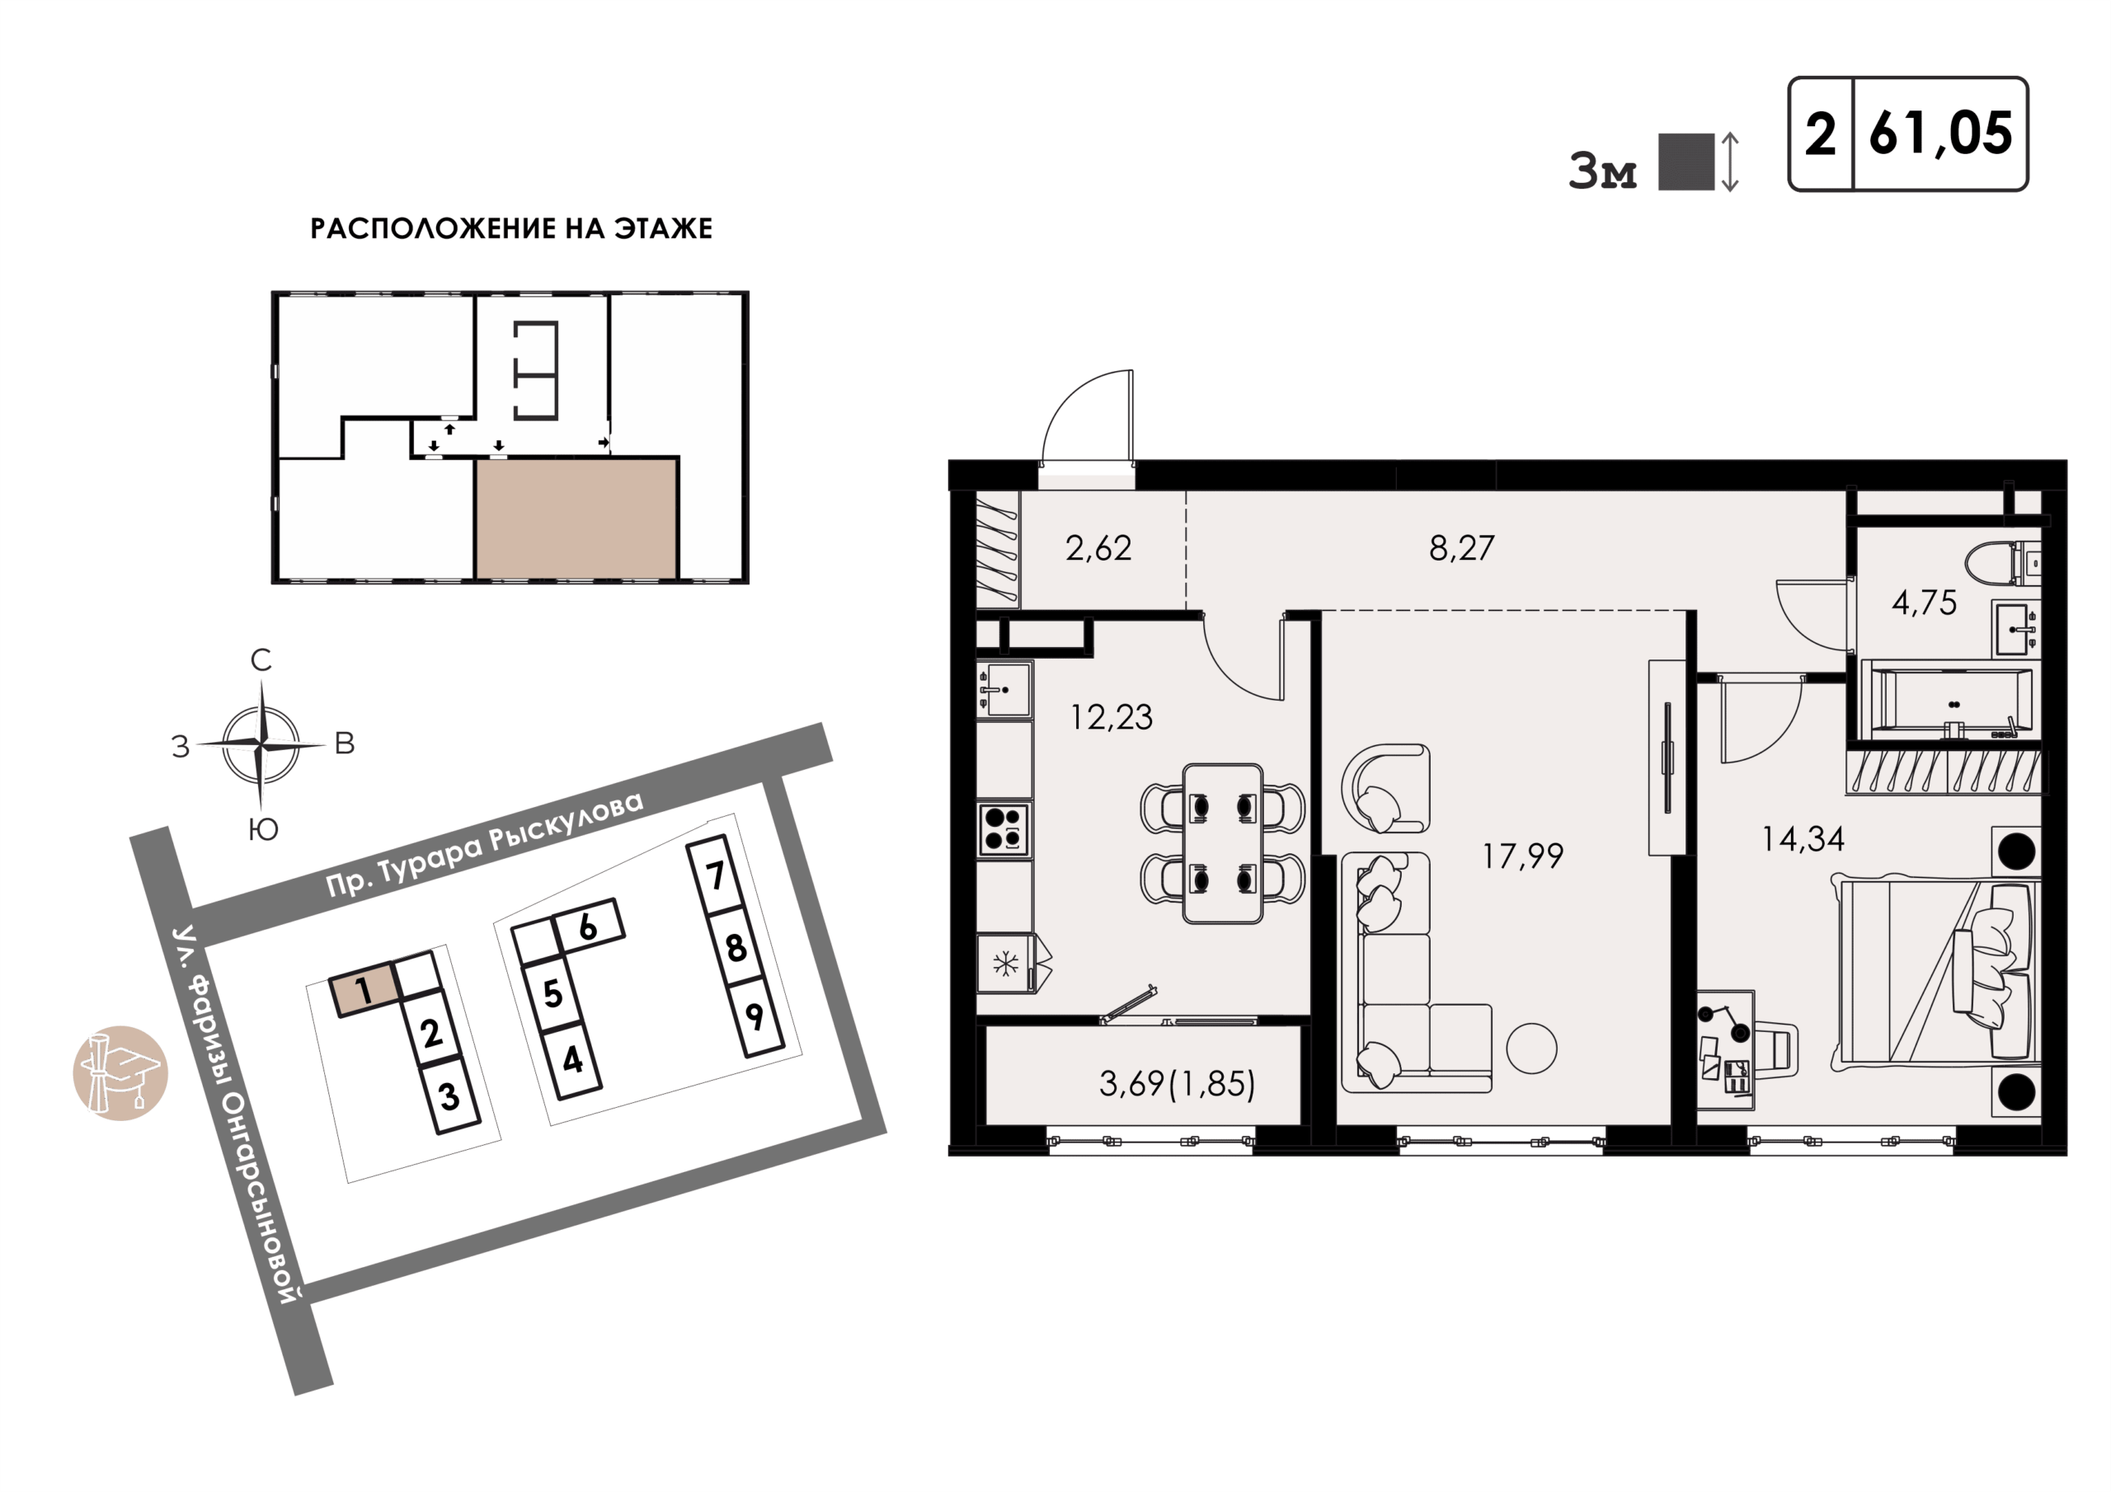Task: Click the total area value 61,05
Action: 1941,134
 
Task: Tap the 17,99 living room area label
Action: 1522,856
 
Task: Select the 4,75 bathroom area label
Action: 1925,603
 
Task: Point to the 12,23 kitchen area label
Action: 1111,718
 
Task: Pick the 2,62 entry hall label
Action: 1098,549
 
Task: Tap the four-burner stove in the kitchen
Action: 1003,829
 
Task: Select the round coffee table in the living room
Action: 1530,1048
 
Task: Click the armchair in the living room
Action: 1385,789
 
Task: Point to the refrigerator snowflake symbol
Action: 1005,964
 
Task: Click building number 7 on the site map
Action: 714,875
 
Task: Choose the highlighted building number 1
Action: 365,989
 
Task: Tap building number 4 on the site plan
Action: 572,1060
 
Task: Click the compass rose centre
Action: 262,743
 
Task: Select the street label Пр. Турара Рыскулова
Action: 486,844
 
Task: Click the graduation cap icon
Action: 120,1072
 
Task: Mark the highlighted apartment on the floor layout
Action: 576,519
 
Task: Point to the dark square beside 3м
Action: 1686,162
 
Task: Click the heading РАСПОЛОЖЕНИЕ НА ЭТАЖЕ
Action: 511,229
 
